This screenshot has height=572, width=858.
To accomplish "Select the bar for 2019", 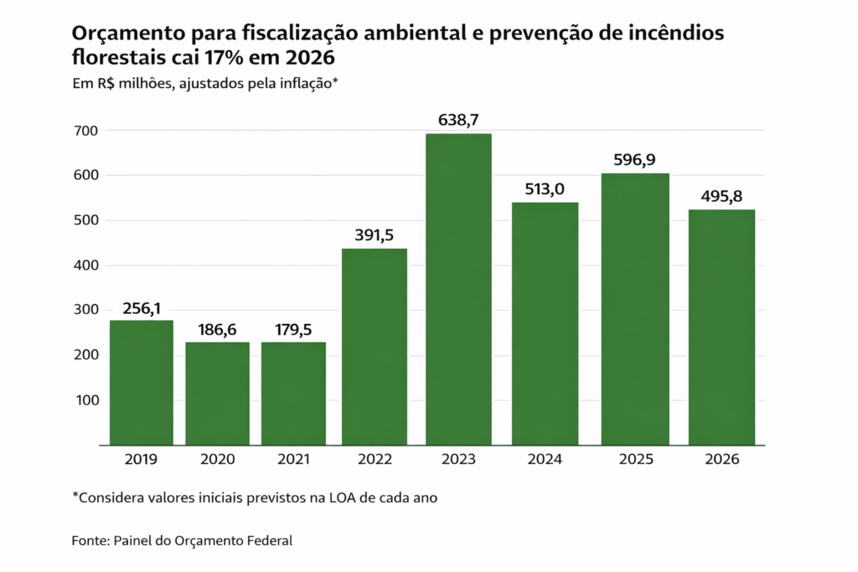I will coord(141,382).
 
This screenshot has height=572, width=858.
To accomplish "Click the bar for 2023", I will coord(458,289).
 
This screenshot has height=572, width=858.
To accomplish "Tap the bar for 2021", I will coord(293,393).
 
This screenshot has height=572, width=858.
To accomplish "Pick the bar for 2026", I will coord(721,327).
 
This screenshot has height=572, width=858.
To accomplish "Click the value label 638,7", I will coord(458,121).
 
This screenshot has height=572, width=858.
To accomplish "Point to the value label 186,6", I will coord(217,329).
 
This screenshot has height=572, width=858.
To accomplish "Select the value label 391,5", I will coord(375,235).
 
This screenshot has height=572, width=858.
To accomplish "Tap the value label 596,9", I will coord(634,160).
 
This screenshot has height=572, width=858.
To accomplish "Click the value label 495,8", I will coord(721,196).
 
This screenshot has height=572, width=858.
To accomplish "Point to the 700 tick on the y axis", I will coord(87,131).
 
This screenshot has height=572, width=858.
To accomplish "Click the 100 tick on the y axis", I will coord(87,399).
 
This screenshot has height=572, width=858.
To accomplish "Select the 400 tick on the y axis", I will coord(87,265).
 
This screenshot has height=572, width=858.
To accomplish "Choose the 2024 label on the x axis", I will coord(545,459).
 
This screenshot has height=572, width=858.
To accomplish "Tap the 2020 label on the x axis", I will coord(217,459).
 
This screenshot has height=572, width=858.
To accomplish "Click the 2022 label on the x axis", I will coord(375,459).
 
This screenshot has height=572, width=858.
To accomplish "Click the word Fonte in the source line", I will coord(89,541).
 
